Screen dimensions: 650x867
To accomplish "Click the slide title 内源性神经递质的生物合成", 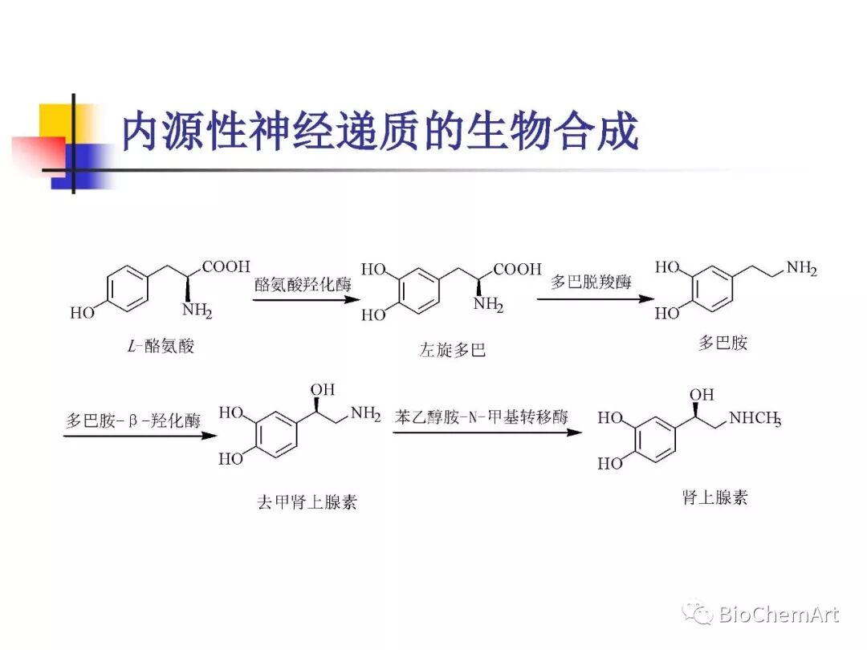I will click(379, 132).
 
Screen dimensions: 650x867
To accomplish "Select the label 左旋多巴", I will click(453, 351).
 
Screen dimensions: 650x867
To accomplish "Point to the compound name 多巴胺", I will click(722, 343).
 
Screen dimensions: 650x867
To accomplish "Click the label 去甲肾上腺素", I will click(307, 502).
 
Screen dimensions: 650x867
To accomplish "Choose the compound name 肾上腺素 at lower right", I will click(714, 497).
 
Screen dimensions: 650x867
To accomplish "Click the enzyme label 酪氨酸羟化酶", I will click(303, 286).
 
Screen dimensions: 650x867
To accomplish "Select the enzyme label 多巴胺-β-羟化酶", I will click(133, 421).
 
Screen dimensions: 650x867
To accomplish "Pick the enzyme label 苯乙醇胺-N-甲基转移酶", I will click(482, 416).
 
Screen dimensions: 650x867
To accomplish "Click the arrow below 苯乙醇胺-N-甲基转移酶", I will click(486, 433).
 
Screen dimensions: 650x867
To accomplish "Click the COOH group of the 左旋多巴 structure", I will click(517, 270).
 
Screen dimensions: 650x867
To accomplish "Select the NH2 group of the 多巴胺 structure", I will click(801, 269).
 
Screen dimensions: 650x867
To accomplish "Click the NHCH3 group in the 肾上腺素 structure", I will click(755, 418).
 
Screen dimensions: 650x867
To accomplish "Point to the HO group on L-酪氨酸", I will click(82, 313).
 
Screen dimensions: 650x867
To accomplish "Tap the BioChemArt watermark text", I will click(778, 615).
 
